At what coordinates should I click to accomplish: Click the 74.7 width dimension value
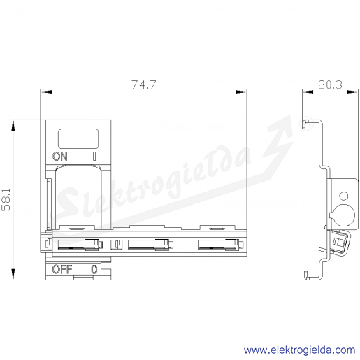click(143, 85)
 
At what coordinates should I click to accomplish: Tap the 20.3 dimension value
click(330, 85)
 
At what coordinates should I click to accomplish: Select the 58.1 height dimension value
click(6, 200)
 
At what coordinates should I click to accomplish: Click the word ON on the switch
click(60, 156)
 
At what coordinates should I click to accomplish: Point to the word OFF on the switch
click(62, 269)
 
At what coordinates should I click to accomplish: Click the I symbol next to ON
click(94, 156)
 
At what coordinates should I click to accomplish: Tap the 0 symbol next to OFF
click(94, 269)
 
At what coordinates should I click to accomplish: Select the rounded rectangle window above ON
click(78, 138)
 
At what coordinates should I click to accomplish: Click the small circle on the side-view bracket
click(344, 196)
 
